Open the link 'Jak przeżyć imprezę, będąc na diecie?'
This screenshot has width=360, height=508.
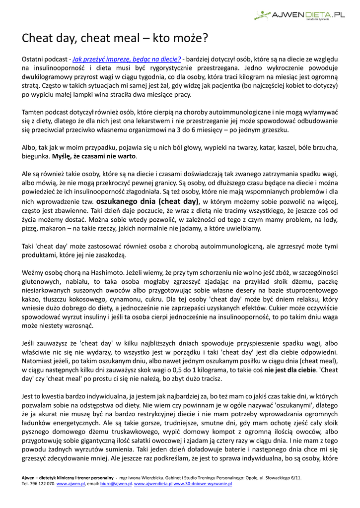pos(127,59)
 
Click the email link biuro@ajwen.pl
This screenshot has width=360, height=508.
pos(116,483)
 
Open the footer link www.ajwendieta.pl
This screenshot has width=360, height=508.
pos(153,483)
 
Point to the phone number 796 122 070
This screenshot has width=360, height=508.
pos(42,483)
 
